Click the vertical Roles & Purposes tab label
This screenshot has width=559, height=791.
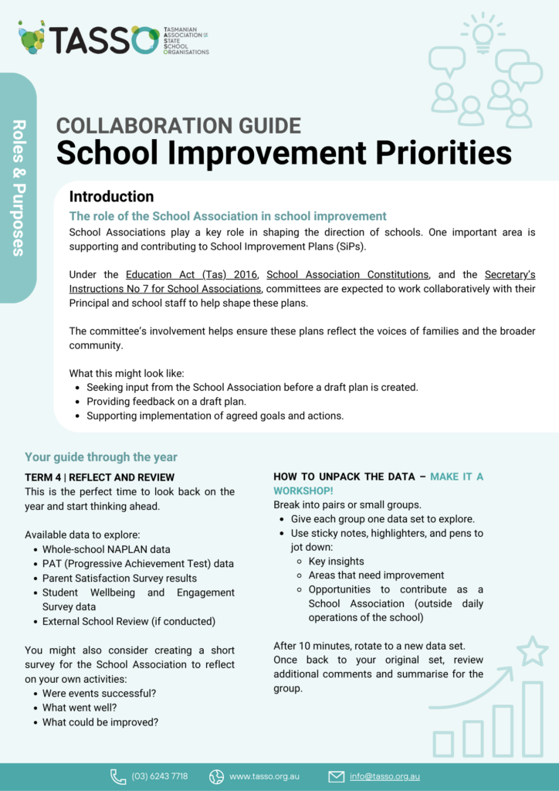click(19, 187)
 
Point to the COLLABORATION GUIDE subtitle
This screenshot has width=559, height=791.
click(178, 125)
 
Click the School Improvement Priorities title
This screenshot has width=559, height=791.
click(283, 153)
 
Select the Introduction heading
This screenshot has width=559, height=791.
click(111, 196)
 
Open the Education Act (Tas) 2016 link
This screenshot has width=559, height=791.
click(191, 274)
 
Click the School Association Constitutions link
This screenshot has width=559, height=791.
click(347, 274)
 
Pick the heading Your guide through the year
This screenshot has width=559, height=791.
click(101, 457)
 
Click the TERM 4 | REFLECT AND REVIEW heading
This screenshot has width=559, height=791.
click(100, 477)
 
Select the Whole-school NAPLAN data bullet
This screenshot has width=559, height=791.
click(107, 549)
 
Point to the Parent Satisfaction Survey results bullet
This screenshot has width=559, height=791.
click(120, 578)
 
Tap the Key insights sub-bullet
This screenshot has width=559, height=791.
click(336, 562)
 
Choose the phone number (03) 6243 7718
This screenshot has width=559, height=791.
click(159, 776)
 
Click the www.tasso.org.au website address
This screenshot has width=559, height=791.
click(264, 776)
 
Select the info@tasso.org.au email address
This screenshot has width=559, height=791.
click(385, 776)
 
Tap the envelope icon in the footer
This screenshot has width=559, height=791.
click(336, 776)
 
